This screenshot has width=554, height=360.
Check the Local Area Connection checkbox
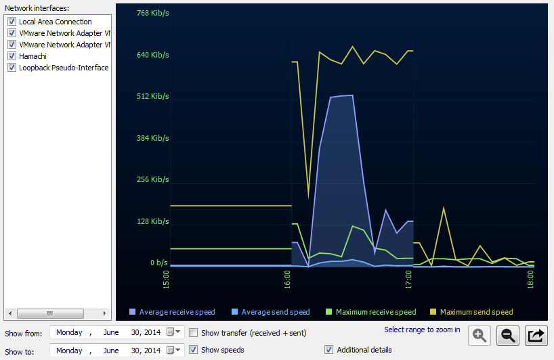click(x=12, y=22)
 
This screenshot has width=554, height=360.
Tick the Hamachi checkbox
click(x=12, y=56)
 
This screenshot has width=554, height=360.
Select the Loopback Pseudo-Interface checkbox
click(x=12, y=68)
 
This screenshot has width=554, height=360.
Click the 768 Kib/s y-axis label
click(x=152, y=13)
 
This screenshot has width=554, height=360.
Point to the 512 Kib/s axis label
click(x=152, y=96)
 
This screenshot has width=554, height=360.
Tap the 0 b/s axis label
click(x=158, y=263)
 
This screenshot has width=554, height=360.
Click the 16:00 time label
click(x=287, y=278)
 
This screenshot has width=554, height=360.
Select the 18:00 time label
click(x=530, y=278)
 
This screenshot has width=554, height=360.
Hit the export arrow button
click(x=536, y=334)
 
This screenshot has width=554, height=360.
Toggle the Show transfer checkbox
click(x=194, y=333)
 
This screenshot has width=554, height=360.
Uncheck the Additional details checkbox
click(x=329, y=350)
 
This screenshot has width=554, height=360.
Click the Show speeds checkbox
click(x=194, y=350)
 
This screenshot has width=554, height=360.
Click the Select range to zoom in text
click(x=422, y=330)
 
